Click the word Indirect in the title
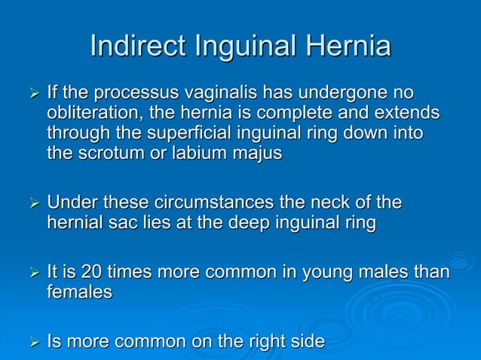(139, 47)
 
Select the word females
(79, 292)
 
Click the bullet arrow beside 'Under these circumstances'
(32, 204)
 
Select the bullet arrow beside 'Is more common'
(32, 343)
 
